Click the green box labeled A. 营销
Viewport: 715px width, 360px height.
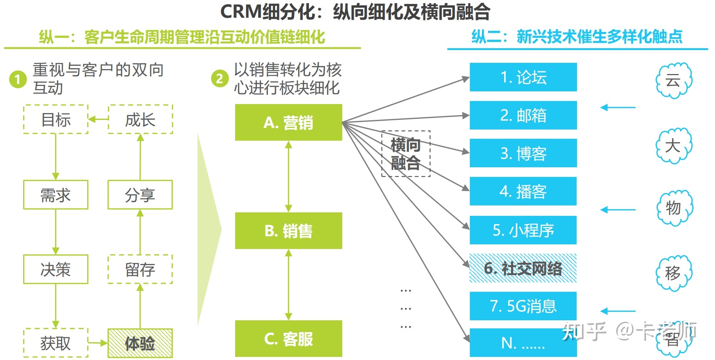click(x=288, y=122)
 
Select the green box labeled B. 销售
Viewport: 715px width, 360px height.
click(x=288, y=230)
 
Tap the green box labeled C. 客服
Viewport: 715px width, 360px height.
click(x=288, y=338)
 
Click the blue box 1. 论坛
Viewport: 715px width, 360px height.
click(x=523, y=77)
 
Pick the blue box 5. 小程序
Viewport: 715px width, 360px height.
click(x=523, y=230)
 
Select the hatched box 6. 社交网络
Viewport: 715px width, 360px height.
click(x=523, y=268)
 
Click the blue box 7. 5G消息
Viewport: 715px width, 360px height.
click(x=523, y=306)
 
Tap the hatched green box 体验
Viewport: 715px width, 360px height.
click(x=140, y=343)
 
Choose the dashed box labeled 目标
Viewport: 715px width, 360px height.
click(x=56, y=119)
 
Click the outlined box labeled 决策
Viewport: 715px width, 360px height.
click(x=56, y=269)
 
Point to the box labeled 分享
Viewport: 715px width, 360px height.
click(x=140, y=195)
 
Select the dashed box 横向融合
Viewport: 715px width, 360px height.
click(x=405, y=154)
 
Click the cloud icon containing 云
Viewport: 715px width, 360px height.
click(x=674, y=80)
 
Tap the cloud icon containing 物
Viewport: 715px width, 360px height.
click(x=674, y=208)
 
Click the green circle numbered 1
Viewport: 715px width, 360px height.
click(x=18, y=79)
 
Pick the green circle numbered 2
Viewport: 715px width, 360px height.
click(x=220, y=78)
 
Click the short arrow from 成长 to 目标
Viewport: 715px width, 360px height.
click(x=98, y=119)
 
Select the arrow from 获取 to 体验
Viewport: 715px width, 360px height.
click(x=98, y=342)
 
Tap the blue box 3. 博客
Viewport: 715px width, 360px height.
click(x=523, y=153)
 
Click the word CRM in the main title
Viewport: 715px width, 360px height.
click(x=241, y=12)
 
